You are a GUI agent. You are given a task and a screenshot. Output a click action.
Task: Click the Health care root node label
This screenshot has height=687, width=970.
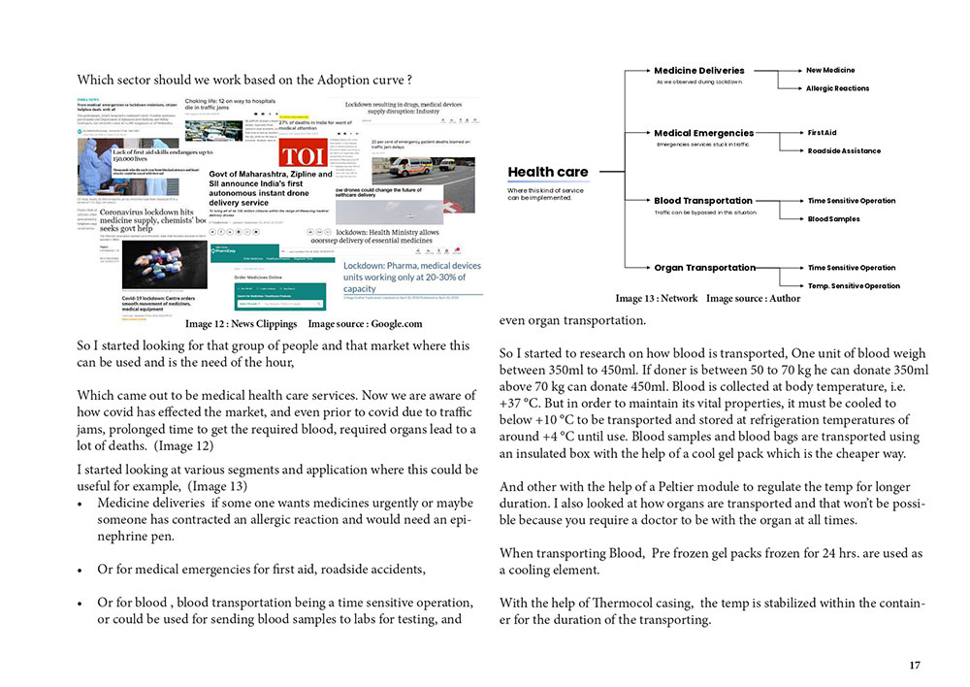click(548, 172)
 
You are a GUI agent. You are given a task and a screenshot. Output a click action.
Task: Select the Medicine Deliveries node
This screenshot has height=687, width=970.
click(698, 70)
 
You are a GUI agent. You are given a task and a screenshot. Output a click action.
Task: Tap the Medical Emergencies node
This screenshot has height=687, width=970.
click(703, 133)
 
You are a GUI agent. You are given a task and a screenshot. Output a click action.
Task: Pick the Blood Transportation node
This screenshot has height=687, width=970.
click(703, 201)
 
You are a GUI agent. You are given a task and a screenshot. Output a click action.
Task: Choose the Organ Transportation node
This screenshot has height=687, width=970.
click(704, 268)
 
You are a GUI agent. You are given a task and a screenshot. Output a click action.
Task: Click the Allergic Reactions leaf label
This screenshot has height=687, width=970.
click(837, 88)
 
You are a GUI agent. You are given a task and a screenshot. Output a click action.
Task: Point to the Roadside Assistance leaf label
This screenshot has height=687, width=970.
click(844, 151)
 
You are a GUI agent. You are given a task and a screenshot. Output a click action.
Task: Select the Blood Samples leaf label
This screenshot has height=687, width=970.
click(833, 219)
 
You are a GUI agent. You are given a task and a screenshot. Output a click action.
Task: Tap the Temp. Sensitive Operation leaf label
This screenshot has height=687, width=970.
click(854, 286)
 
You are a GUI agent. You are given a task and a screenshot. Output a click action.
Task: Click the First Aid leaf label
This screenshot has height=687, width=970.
click(822, 132)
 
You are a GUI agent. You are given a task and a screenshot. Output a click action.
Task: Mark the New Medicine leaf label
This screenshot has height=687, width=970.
click(830, 70)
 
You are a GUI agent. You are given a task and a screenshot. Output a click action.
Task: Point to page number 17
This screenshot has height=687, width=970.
click(915, 665)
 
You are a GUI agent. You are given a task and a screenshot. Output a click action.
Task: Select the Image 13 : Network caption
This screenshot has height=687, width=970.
click(657, 299)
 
